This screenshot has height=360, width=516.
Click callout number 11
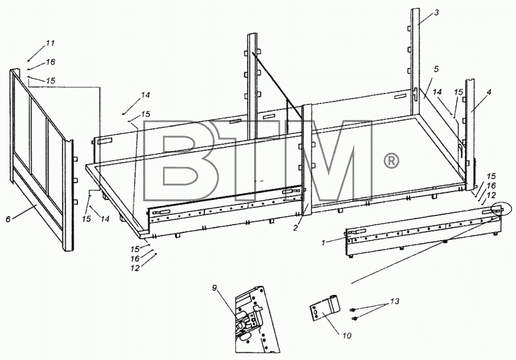coord(50,43)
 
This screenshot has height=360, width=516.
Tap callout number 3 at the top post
coord(437,13)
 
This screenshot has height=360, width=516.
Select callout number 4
coord(489,92)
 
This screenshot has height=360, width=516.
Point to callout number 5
coord(437,69)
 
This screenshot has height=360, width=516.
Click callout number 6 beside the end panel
coord(8,219)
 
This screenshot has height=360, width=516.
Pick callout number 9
coord(215,288)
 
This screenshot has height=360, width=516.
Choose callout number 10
coord(347,335)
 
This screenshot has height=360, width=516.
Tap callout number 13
coord(395,301)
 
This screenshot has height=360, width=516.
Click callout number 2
coord(295,228)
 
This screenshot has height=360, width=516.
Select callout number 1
coord(324,243)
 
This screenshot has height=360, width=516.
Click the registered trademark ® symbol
coord(392,161)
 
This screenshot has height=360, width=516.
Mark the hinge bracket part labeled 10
coord(325,307)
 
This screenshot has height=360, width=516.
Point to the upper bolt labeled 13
coord(353,310)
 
